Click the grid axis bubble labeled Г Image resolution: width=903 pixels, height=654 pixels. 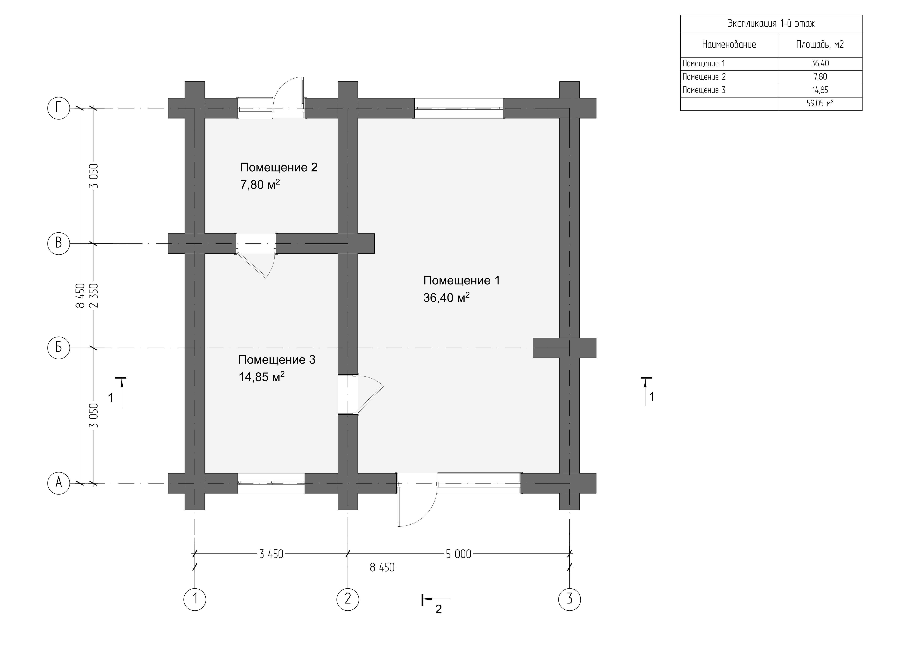(59, 107)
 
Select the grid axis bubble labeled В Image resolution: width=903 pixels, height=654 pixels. (59, 243)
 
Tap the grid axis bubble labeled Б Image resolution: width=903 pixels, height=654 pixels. (59, 348)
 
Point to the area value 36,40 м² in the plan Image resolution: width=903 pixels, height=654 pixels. (446, 297)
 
